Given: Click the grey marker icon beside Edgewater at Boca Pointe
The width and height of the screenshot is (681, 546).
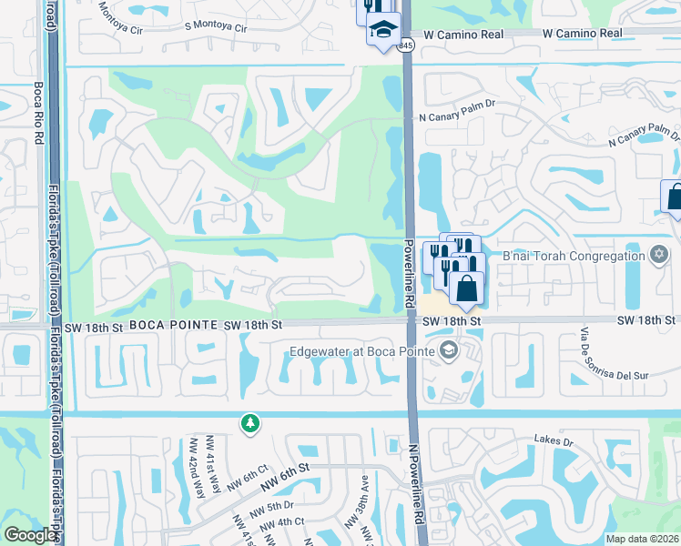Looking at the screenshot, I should click(447, 351).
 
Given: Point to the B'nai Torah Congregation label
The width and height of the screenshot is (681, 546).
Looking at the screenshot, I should click(573, 256).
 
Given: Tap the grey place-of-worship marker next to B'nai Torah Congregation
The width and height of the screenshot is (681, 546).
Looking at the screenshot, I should click(658, 255).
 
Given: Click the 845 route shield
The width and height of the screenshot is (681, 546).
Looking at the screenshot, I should click(406, 45).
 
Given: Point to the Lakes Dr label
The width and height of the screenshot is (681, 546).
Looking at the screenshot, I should click(554, 440).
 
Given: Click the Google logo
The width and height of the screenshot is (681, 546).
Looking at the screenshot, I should click(31, 535).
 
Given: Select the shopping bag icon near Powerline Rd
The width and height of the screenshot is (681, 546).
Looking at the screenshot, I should click(467, 289).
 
